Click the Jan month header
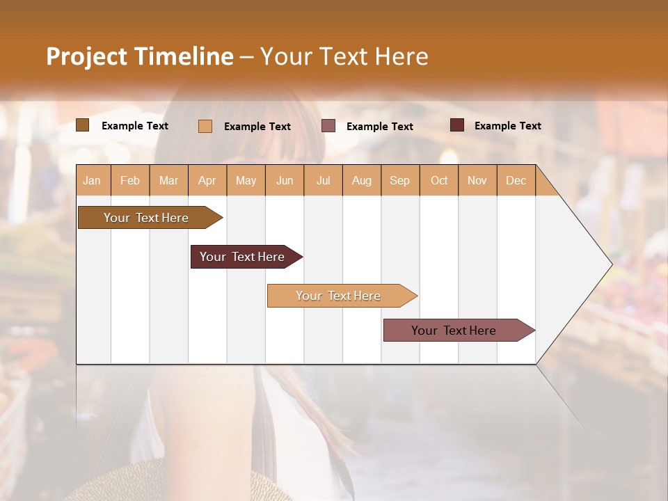point(92,180)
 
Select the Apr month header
point(207,180)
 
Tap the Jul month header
point(323,180)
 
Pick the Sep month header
point(399,180)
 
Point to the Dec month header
point(516,180)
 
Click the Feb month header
point(130,180)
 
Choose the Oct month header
point(439,180)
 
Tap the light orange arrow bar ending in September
point(340,296)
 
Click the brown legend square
point(82,125)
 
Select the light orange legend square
point(205,126)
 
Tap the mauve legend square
point(328,125)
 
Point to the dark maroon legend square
point(456,125)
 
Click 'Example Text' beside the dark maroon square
point(507,126)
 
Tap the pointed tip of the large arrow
point(610,264)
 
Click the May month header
point(246,180)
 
